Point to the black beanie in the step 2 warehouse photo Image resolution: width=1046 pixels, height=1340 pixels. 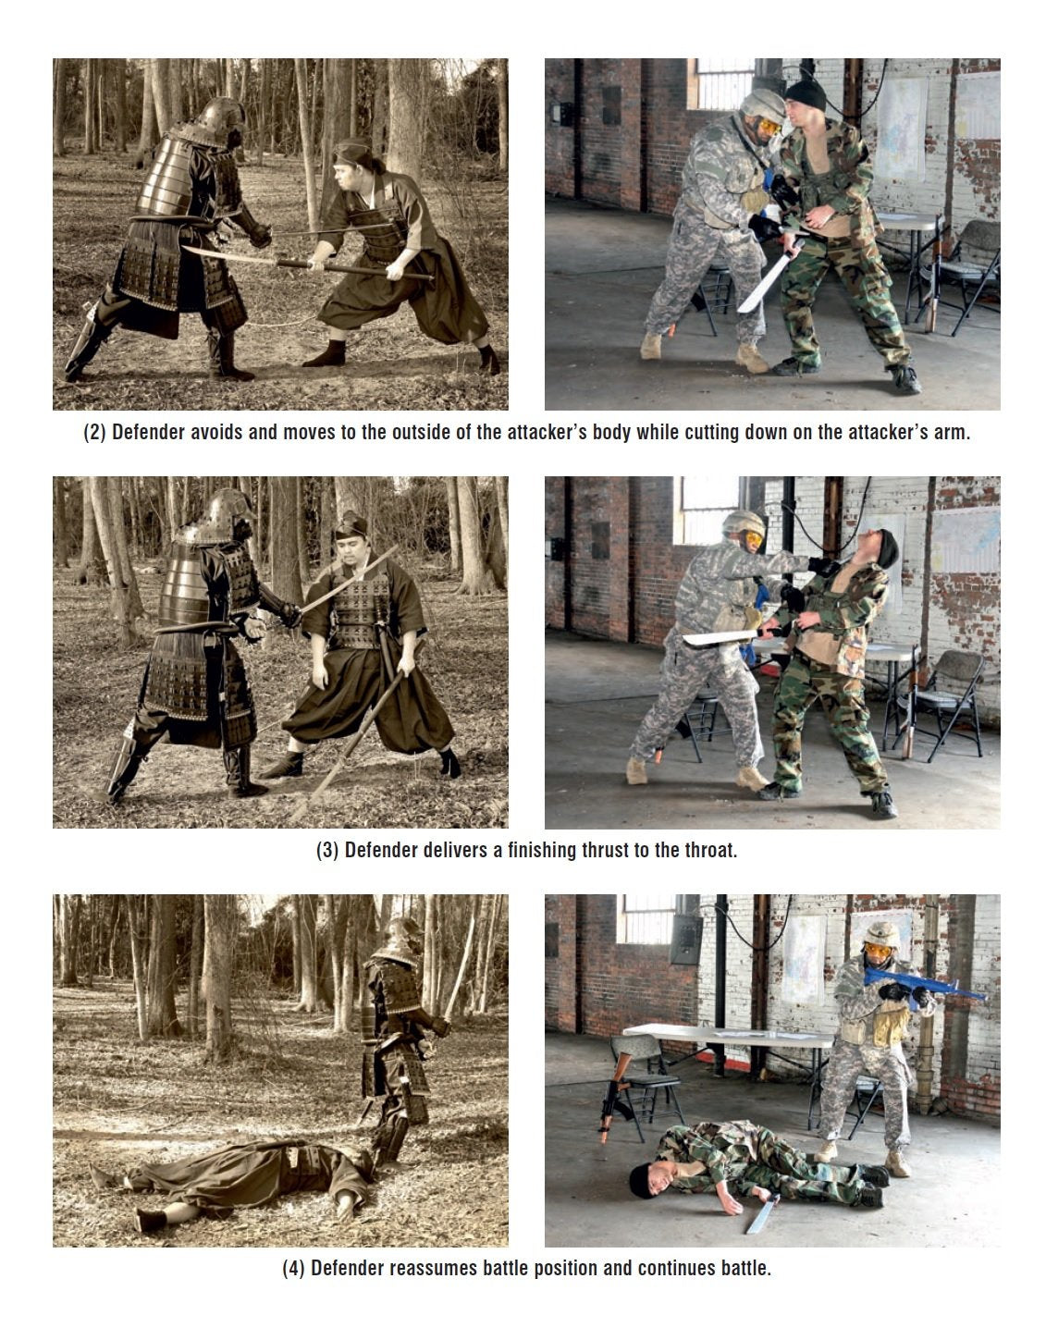(806, 92)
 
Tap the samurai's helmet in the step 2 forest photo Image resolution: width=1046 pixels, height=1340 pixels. (221, 117)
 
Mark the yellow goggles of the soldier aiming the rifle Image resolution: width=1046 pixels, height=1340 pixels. (878, 950)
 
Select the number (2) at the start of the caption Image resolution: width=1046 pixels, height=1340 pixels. (94, 433)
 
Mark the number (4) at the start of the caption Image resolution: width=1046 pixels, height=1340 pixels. (293, 1268)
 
